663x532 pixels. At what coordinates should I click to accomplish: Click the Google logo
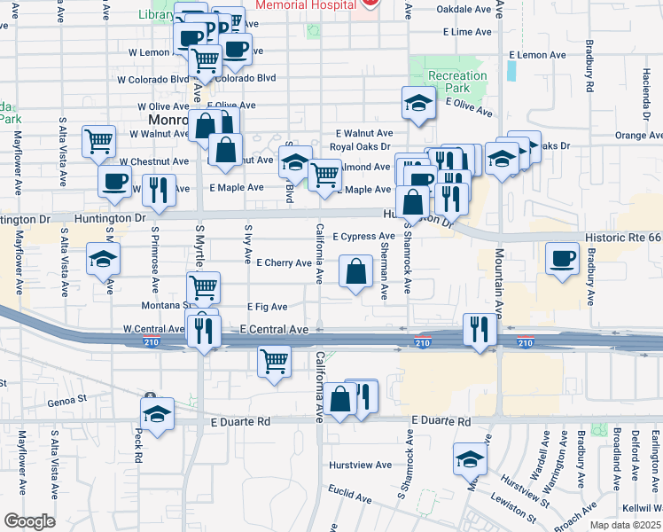[x=29, y=521]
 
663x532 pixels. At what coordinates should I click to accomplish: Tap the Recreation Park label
[x=457, y=82]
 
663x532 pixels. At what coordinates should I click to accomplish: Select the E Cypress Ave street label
[x=363, y=237]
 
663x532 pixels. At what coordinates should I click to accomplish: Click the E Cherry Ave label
[x=284, y=263]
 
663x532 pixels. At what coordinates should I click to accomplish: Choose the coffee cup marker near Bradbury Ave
[x=562, y=258]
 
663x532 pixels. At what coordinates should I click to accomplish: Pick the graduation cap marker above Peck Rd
[x=158, y=413]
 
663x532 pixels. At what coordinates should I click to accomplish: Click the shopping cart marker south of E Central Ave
[x=275, y=362]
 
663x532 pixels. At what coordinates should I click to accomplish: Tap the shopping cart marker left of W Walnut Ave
[x=98, y=141]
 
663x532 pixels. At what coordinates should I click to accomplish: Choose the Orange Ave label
[x=638, y=136]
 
